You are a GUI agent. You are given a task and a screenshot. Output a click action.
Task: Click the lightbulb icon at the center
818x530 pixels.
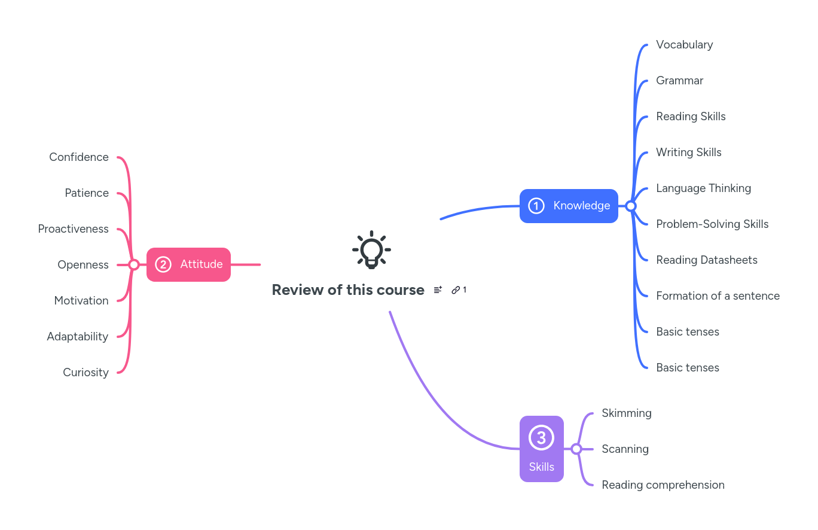tap(371, 249)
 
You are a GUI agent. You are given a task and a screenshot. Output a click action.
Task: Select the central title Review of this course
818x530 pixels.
tap(347, 290)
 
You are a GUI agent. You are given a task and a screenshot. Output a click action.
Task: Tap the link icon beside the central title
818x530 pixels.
tap(456, 290)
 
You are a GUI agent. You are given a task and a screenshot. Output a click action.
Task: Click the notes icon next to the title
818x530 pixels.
tap(438, 290)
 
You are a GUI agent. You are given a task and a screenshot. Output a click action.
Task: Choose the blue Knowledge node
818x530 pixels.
tap(569, 206)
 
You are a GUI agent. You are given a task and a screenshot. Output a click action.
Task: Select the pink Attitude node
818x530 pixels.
tap(188, 264)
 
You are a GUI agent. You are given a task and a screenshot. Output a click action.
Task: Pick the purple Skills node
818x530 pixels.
tap(541, 449)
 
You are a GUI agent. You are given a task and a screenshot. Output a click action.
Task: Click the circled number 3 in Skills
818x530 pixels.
tap(541, 438)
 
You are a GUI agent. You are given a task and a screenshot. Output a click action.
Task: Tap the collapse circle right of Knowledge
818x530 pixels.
tap(630, 206)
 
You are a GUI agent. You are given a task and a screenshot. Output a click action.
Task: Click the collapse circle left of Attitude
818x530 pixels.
tap(134, 264)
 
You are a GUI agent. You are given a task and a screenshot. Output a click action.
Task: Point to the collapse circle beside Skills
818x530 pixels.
tap(576, 449)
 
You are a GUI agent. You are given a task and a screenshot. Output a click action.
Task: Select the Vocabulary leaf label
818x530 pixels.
tap(684, 45)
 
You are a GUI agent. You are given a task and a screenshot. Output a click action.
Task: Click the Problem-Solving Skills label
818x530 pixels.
tap(712, 224)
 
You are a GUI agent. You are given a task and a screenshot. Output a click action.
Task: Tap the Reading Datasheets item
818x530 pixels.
tap(706, 260)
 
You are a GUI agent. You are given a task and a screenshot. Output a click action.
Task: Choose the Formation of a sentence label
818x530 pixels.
tap(718, 296)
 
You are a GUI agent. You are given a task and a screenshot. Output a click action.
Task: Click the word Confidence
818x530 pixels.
tap(79, 157)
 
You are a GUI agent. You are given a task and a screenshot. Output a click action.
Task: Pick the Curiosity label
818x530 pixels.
tap(86, 373)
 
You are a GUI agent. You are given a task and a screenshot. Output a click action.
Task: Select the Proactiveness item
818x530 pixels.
tap(73, 229)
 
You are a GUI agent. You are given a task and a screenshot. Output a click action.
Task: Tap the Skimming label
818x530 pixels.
tap(626, 413)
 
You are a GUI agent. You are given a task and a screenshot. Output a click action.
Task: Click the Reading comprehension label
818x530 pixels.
tap(663, 485)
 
